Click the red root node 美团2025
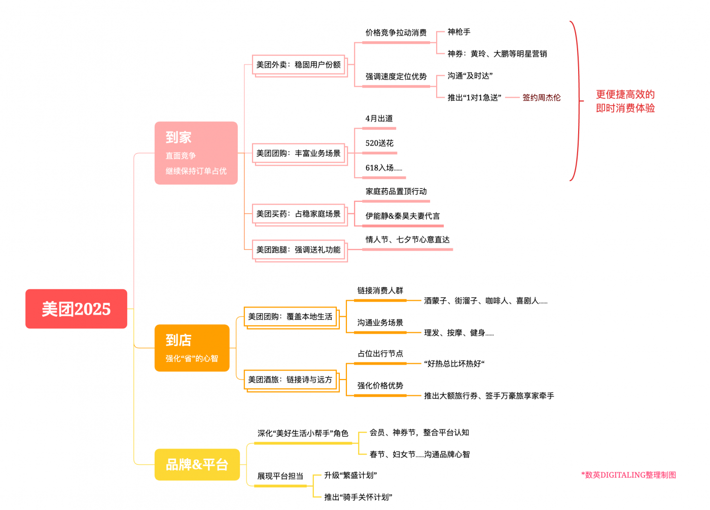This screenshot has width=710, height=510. tap(76, 309)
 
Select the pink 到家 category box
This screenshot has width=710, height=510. tap(196, 153)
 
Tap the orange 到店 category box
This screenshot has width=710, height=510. tap(192, 348)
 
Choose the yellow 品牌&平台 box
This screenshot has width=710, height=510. tap(197, 464)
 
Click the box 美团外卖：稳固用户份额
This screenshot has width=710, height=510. tap(298, 65)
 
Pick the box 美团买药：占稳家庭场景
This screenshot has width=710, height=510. tap(298, 214)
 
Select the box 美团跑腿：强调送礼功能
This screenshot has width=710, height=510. tap(298, 250)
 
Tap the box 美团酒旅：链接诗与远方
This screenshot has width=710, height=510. tap(290, 380)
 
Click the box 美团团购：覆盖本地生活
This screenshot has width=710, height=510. tap(290, 317)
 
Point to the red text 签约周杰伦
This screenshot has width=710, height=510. tap(541, 97)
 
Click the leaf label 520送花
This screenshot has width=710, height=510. tap(379, 143)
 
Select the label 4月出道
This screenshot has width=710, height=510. tap(379, 118)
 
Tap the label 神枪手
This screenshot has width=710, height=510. tap(458, 32)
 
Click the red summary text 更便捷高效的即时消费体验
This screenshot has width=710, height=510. tap(625, 101)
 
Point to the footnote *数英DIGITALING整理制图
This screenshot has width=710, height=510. tap(628, 475)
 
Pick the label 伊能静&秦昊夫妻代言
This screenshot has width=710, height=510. tap(403, 216)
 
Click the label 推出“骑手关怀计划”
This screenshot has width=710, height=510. tap(358, 497)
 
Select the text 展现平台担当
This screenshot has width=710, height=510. tap(280, 476)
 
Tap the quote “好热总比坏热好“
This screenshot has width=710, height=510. tap(454, 364)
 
